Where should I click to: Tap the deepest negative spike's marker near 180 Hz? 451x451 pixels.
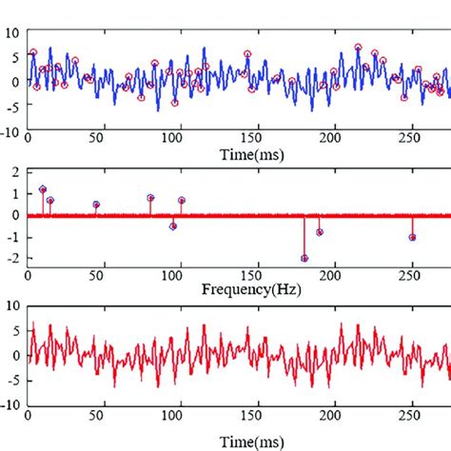(304, 258)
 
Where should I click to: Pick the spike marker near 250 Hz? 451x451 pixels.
(412, 237)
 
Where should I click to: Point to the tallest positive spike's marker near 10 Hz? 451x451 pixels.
(42, 189)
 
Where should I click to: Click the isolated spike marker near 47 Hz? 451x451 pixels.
(96, 205)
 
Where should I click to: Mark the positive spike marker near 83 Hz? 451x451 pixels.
(150, 198)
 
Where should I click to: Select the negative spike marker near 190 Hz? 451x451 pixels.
(320, 232)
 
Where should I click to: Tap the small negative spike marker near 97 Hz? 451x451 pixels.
(173, 226)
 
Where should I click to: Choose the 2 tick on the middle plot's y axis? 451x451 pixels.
(16, 172)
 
